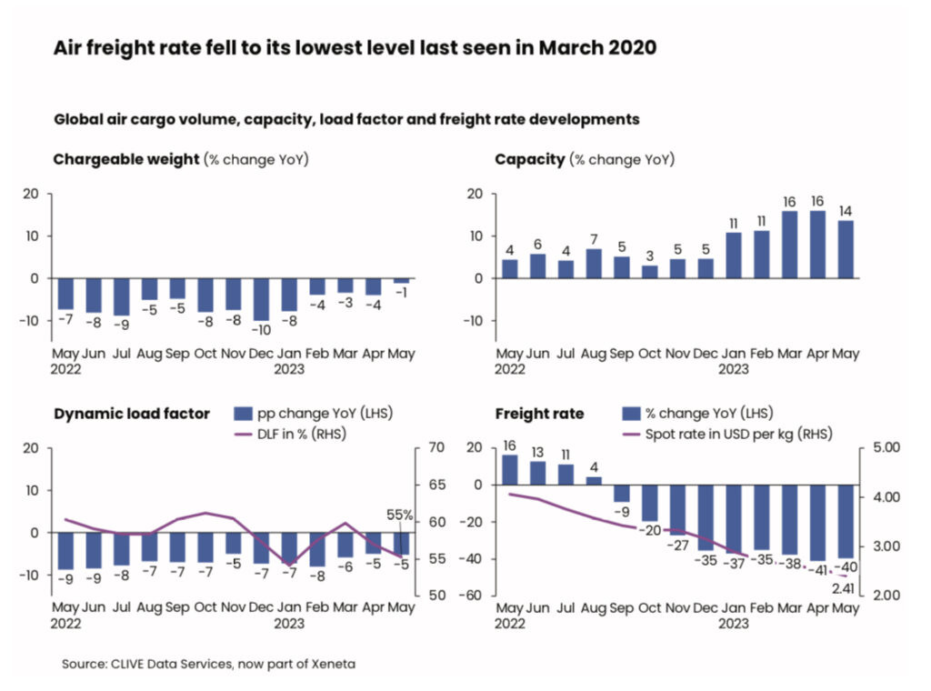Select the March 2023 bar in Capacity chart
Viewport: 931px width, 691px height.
(x=790, y=245)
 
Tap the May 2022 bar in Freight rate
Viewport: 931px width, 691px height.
(x=510, y=469)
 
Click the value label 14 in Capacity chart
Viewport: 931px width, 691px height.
(x=845, y=212)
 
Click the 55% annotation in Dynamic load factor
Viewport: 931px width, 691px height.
(x=400, y=516)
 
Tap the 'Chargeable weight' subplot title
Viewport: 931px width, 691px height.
(x=126, y=160)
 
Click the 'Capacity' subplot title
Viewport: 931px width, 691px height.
(x=530, y=160)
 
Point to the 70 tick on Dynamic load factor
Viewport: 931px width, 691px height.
(x=431, y=447)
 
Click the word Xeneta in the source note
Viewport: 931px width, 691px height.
(x=331, y=665)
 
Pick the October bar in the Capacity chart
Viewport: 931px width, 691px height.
(x=650, y=271)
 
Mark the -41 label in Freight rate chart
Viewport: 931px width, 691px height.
(x=818, y=570)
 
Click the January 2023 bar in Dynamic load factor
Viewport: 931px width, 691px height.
(x=289, y=548)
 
